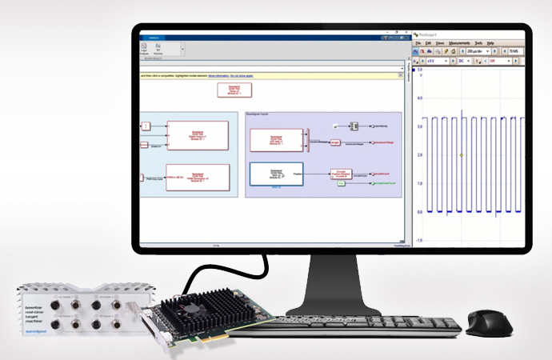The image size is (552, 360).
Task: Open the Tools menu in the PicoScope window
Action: [478, 42]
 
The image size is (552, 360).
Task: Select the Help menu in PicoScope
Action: [490, 42]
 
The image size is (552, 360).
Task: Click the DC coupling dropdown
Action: [465, 61]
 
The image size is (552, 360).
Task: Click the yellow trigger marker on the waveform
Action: [462, 155]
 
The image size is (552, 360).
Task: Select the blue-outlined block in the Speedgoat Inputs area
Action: [276, 174]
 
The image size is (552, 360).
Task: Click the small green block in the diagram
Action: [340, 184]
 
